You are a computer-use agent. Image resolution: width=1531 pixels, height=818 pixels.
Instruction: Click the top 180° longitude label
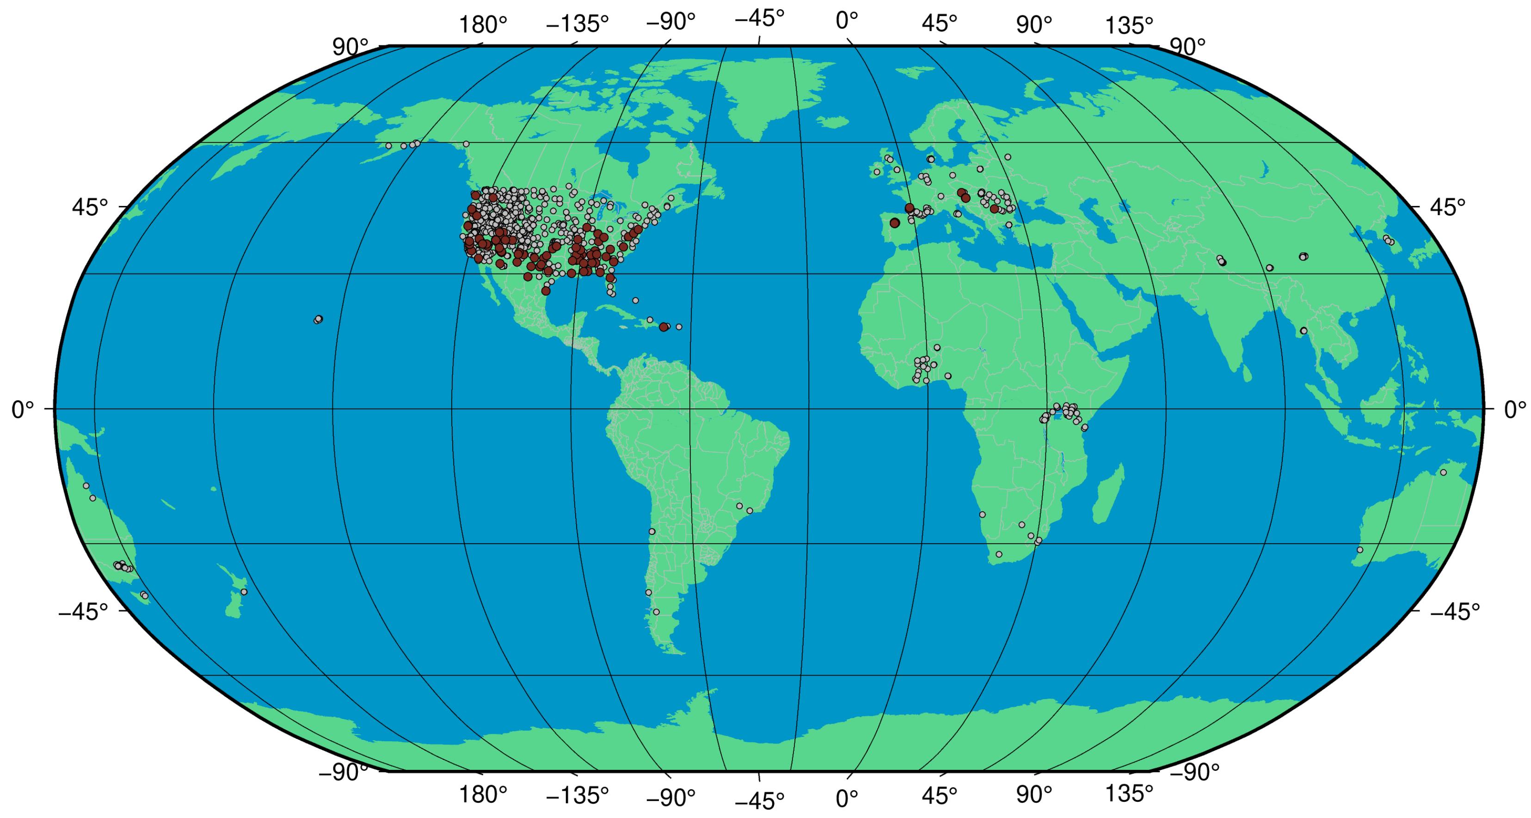[x=483, y=25]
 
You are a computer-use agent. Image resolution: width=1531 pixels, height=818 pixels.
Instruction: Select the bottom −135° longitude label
[x=577, y=795]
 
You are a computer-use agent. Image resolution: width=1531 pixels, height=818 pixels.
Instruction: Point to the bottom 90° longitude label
[x=1033, y=795]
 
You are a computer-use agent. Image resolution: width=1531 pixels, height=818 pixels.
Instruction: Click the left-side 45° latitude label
[x=90, y=207]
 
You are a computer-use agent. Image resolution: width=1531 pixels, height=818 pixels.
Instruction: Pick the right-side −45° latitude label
[x=1454, y=611]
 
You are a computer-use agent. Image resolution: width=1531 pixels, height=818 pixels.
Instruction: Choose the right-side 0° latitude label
[x=1515, y=409]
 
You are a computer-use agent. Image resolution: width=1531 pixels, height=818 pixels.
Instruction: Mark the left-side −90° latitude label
[x=343, y=772]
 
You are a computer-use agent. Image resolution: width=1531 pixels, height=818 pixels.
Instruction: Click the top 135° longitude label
[x=1129, y=25]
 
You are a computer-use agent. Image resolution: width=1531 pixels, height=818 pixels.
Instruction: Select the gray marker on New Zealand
[x=244, y=592]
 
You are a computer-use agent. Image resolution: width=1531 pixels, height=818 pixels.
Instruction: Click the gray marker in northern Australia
[x=1443, y=472]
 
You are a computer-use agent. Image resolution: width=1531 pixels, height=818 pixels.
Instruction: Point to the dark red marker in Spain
[x=894, y=223]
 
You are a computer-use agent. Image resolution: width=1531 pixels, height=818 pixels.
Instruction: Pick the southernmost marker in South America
[x=656, y=612]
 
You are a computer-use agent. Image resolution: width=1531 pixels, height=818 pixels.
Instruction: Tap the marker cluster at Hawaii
[x=318, y=320]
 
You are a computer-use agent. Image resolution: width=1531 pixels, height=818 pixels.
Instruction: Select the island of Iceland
[x=832, y=122]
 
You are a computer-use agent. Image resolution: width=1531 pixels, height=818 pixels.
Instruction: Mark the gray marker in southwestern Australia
[x=1360, y=550]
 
